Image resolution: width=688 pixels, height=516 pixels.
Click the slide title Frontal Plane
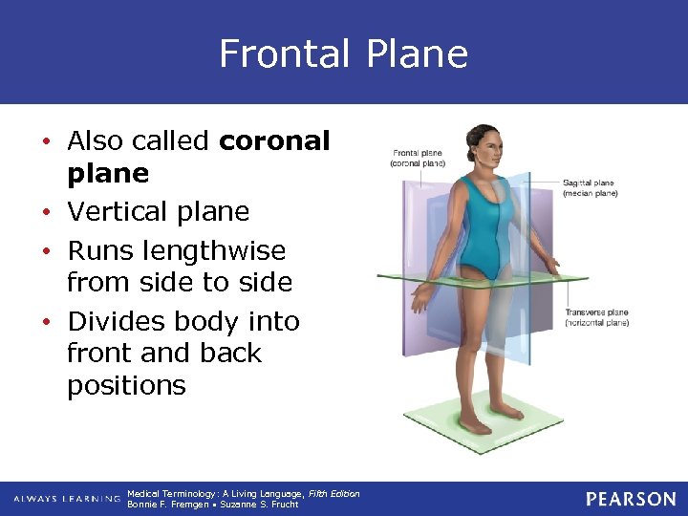click(343, 54)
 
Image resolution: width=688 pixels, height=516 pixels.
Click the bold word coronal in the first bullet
click(274, 141)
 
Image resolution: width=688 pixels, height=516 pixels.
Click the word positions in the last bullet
click(126, 386)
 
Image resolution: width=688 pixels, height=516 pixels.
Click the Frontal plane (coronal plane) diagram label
click(418, 158)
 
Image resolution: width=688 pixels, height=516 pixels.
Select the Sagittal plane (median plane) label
click(590, 187)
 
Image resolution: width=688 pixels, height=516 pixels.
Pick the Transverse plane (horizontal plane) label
click(596, 317)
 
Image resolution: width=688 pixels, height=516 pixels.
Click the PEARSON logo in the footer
click(631, 499)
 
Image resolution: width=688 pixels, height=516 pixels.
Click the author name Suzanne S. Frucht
click(259, 505)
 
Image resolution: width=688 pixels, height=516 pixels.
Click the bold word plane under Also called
click(108, 174)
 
